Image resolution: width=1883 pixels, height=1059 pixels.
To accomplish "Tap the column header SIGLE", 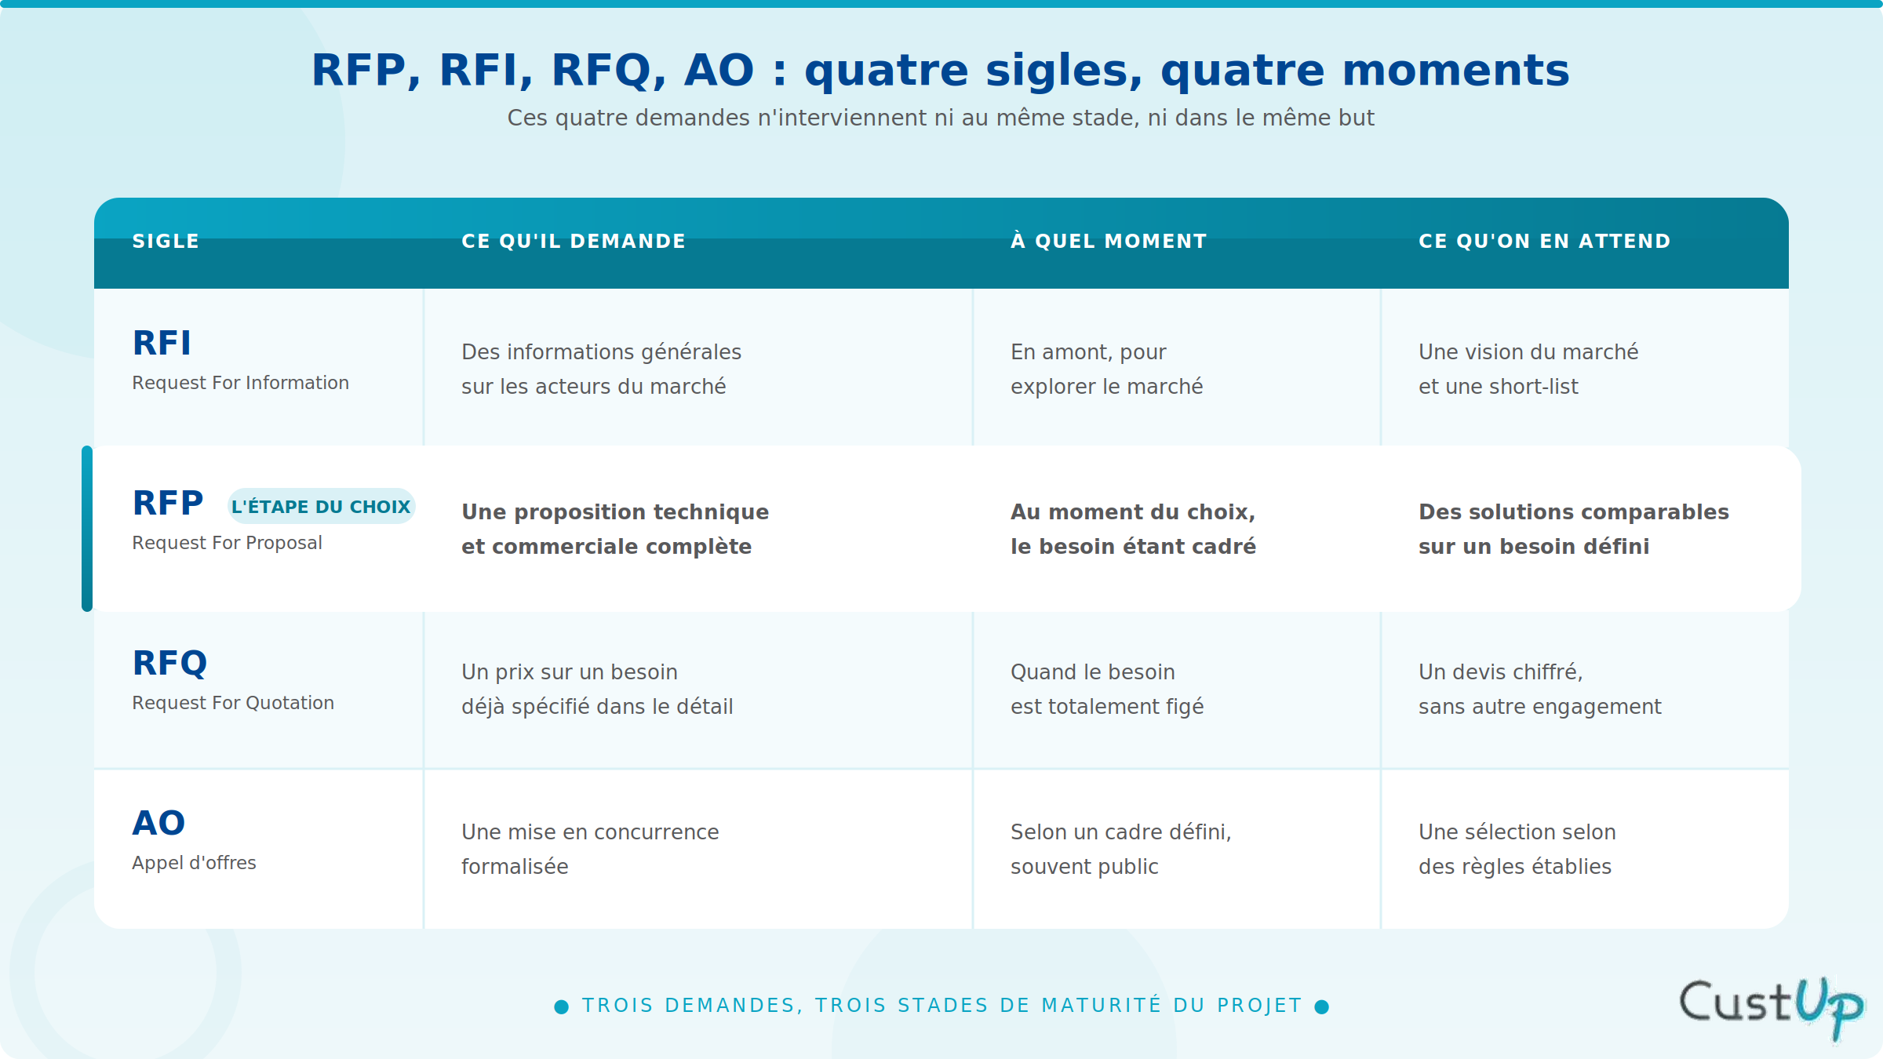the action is tap(166, 241).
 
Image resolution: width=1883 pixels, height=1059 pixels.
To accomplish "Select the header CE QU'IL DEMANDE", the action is tap(574, 241).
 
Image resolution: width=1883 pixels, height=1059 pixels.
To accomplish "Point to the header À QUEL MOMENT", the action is tap(1109, 241).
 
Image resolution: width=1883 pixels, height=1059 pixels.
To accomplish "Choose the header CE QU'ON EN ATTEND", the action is tap(1545, 241).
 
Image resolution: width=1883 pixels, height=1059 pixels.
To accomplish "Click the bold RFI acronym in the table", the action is tap(162, 343).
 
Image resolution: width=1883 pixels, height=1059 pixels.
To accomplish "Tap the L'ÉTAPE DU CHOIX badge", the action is tap(321, 506).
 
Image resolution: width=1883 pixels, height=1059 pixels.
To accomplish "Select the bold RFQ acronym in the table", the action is tap(169, 663).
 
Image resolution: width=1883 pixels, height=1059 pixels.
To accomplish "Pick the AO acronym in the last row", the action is tap(158, 823).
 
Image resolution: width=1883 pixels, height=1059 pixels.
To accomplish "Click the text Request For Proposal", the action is tap(227, 543).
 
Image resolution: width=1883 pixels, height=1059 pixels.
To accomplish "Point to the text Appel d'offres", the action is tap(194, 863).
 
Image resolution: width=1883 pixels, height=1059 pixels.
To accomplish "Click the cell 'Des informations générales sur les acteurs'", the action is tap(601, 369).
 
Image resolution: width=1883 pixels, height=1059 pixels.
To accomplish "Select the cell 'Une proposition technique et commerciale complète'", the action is tap(615, 529).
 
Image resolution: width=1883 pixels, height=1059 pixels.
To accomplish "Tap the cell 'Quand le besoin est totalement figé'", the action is tap(1107, 689).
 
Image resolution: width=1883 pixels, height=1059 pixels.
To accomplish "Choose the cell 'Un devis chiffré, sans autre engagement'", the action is tap(1539, 689).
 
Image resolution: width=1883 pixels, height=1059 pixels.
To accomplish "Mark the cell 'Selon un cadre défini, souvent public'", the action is tap(1121, 849).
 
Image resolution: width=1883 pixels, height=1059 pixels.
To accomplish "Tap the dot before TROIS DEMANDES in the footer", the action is tap(562, 1006).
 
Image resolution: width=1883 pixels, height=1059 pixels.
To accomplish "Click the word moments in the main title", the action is tap(1455, 70).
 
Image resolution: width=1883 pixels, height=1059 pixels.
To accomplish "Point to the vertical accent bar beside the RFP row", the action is tap(87, 529).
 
